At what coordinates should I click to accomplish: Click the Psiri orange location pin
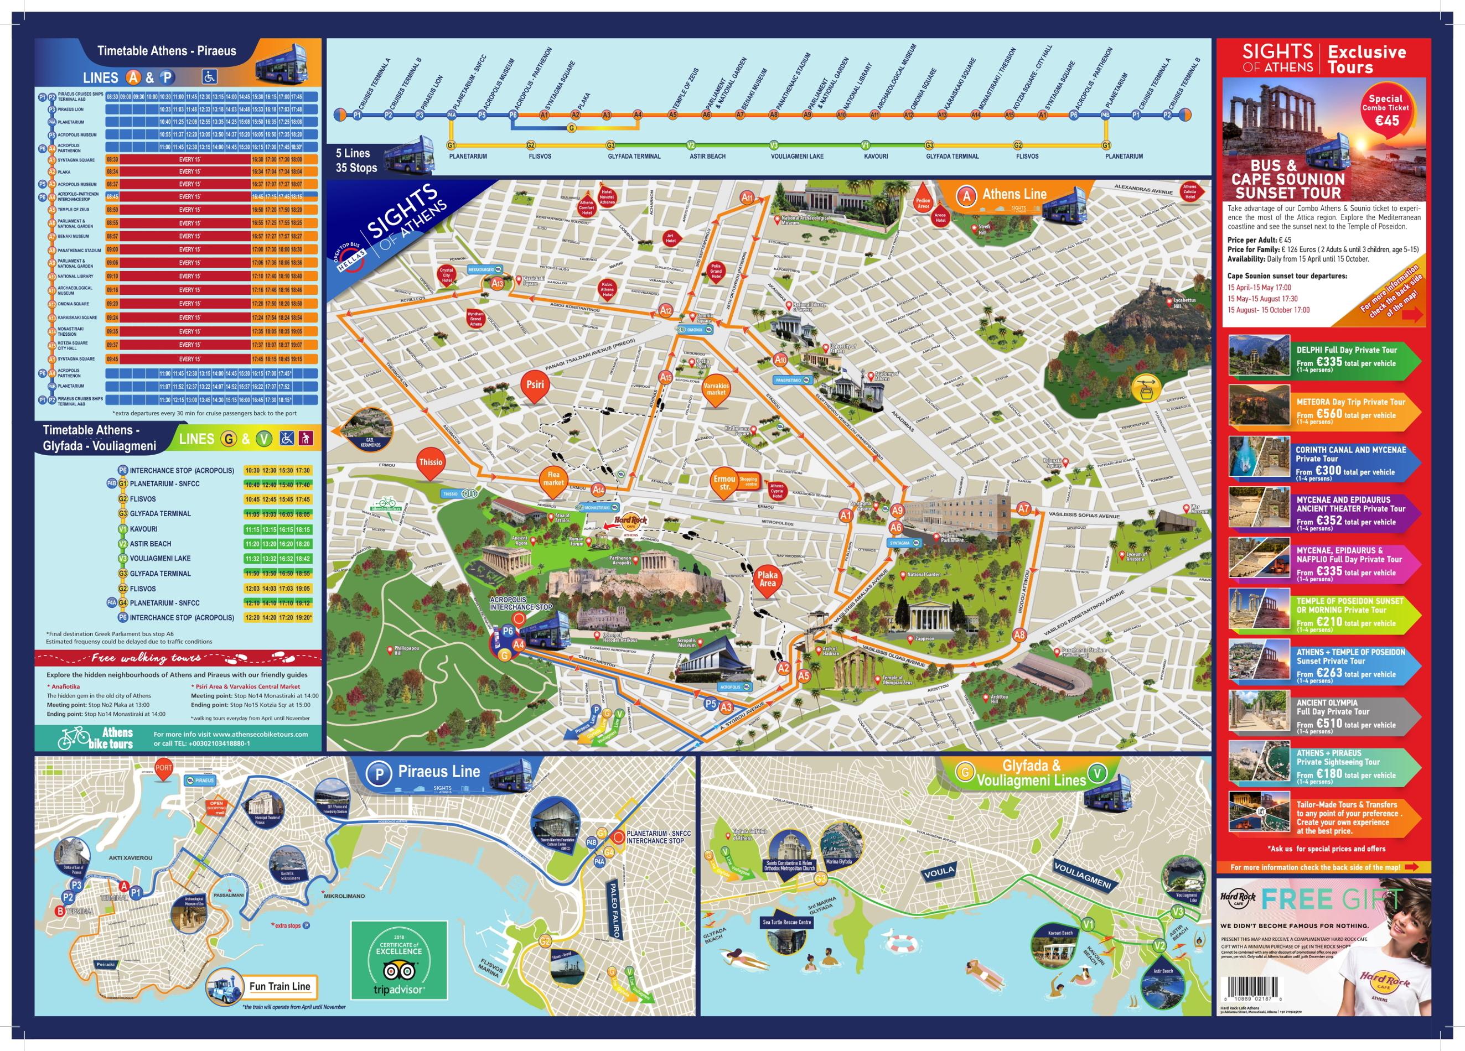coord(535,386)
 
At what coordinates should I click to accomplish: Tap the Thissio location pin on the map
coord(431,464)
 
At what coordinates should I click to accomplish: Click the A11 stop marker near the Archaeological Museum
coord(747,197)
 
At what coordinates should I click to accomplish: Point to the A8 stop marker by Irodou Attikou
coord(1019,634)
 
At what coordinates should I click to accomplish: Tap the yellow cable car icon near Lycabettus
coord(1145,387)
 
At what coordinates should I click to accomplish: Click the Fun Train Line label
coord(279,986)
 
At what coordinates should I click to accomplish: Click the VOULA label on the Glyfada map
coord(939,872)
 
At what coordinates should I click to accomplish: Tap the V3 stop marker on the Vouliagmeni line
coord(1178,912)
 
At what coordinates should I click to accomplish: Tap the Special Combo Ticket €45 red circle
coord(1385,113)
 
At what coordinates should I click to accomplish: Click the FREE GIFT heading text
coord(1332,899)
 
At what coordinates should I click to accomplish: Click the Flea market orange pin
coord(553,480)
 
